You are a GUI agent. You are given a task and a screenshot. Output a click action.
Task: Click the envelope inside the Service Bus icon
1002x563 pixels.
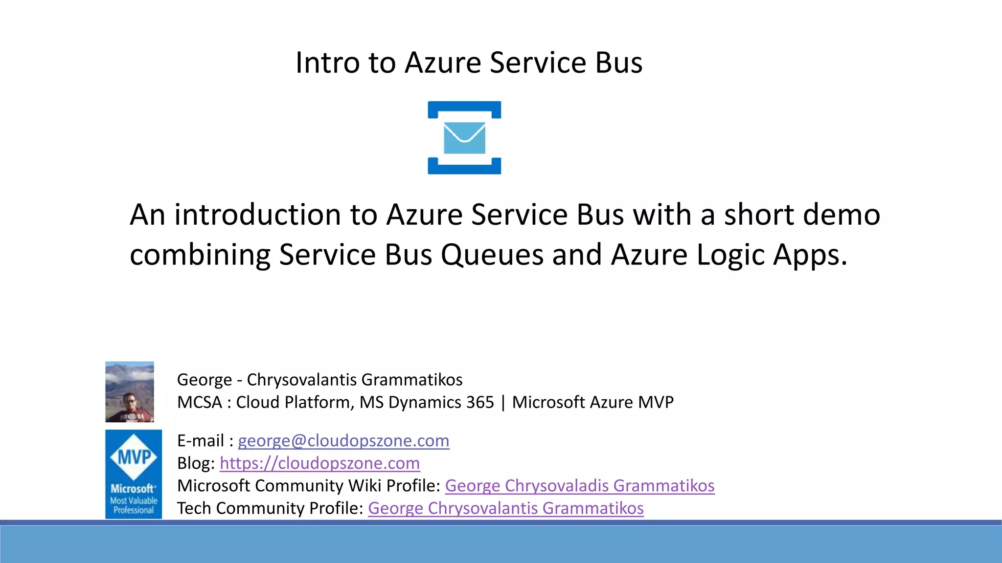coord(464,138)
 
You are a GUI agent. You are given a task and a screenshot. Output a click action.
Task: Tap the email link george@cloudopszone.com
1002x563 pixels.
coord(343,441)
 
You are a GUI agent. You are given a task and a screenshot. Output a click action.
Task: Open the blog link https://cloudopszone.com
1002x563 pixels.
coord(319,463)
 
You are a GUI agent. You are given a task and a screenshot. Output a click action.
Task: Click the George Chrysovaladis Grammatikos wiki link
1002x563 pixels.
coord(579,486)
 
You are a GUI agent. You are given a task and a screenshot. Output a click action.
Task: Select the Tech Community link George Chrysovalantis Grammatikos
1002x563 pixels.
coord(505,508)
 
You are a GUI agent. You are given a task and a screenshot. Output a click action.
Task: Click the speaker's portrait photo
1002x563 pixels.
coord(130,392)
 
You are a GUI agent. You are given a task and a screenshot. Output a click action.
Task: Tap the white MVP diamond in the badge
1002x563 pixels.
coord(134,457)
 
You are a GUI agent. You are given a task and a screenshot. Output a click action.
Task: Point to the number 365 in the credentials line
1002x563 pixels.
coord(480,402)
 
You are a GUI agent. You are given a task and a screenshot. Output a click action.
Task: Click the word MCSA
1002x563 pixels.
coord(200,402)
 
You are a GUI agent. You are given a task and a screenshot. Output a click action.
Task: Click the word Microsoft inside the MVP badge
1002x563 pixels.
coord(133,489)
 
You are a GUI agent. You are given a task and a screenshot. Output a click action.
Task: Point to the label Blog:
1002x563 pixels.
coord(196,463)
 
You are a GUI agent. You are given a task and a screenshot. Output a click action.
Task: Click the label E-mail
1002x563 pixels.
coord(201,441)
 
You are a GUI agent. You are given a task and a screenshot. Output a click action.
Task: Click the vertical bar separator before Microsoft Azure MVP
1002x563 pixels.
coord(503,402)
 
